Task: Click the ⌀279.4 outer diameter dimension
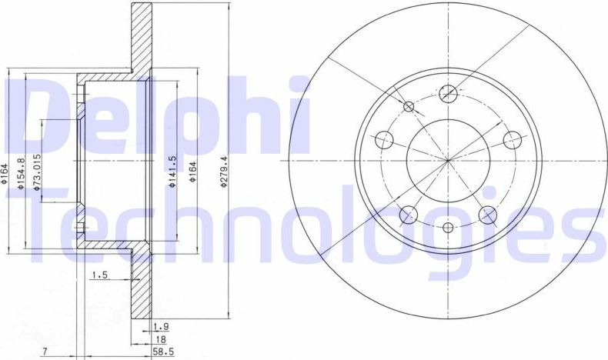click(224, 170)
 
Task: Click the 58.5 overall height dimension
click(160, 352)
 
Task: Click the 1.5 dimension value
click(99, 275)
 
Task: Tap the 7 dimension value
click(45, 352)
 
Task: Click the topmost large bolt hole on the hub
click(448, 94)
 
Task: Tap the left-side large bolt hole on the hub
click(383, 140)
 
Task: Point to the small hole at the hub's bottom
click(448, 227)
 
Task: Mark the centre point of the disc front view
click(448, 161)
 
